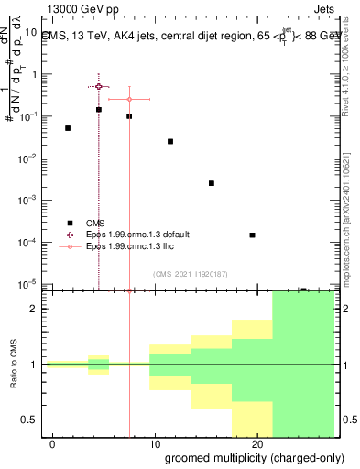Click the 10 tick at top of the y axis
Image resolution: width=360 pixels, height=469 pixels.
click(30, 33)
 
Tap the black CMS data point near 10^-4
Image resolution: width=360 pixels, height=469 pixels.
click(252, 235)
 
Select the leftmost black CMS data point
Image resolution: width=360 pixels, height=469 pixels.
click(68, 128)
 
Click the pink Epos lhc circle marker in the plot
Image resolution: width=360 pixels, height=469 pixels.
click(129, 99)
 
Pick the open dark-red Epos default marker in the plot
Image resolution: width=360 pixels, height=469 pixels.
click(99, 86)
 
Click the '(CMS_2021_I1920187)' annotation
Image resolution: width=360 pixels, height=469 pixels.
click(191, 273)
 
